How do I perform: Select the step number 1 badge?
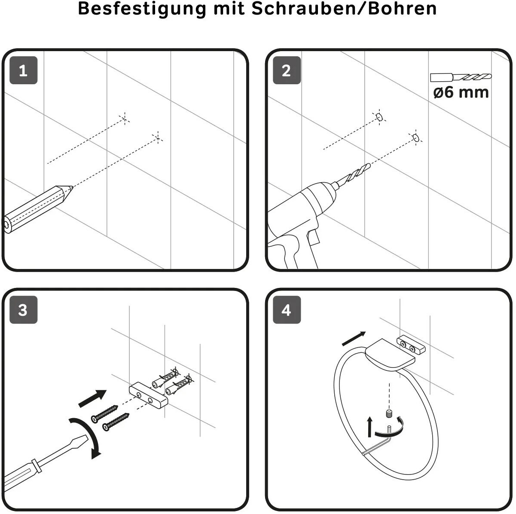(x=23, y=70)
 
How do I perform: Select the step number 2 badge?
(x=287, y=70)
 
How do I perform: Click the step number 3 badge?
(x=23, y=309)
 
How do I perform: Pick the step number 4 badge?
(x=287, y=309)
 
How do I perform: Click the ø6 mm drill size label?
(x=461, y=92)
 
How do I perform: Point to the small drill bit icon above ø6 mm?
(x=461, y=77)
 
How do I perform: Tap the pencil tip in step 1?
(x=72, y=187)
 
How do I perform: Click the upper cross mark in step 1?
(x=125, y=118)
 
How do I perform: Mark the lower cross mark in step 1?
(x=158, y=138)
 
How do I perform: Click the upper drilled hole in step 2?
(x=379, y=117)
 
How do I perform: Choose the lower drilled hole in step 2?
(x=415, y=138)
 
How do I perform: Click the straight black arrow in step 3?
(x=92, y=398)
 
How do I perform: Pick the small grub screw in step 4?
(x=389, y=414)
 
